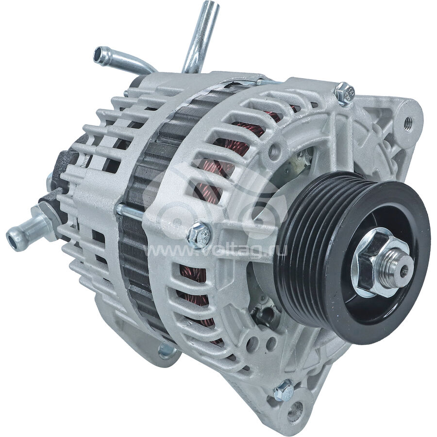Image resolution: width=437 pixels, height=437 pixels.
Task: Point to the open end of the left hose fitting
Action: pyautogui.click(x=12, y=240)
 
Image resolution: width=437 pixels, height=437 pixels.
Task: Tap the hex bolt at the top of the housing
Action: pyautogui.click(x=345, y=93)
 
